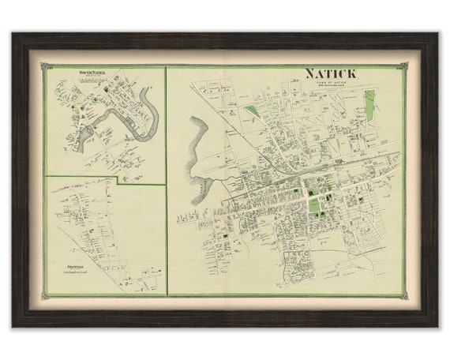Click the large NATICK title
(331, 73)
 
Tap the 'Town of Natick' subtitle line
(331, 82)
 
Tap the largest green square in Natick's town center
(315, 205)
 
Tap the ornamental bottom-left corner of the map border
(47, 295)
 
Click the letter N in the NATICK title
(310, 73)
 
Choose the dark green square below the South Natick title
(73, 108)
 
